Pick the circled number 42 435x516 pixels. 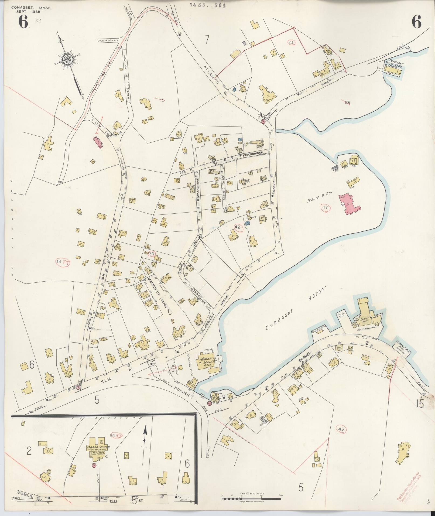[x=237, y=227]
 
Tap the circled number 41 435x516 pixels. [x=291, y=43]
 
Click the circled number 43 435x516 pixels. [x=341, y=429]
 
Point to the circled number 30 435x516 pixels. [x=152, y=254]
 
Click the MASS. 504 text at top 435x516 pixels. [x=207, y=5]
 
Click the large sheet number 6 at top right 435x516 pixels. [x=416, y=22]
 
